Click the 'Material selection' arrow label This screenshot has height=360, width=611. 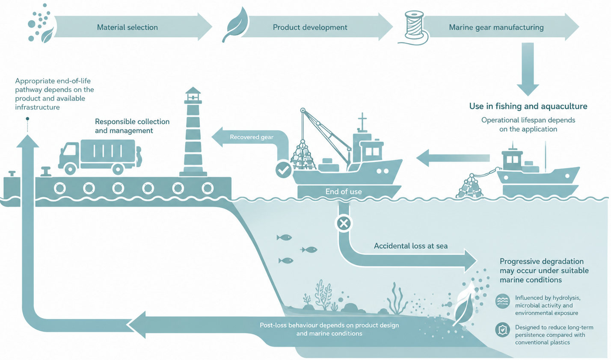(128, 27)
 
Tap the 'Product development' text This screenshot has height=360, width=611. (310, 27)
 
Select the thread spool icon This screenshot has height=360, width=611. (414, 27)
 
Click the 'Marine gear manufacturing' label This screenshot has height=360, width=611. (496, 27)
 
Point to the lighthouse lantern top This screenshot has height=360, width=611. (193, 94)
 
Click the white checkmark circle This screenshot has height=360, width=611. (284, 170)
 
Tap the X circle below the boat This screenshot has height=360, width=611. (344, 224)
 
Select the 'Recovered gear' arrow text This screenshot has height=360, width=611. (252, 137)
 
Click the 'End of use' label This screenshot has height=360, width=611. (344, 192)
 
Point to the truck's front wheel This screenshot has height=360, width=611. (70, 169)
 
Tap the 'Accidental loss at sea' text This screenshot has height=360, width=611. (410, 246)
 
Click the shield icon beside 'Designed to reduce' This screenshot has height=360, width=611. (502, 330)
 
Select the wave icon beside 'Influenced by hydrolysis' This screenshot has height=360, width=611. (502, 301)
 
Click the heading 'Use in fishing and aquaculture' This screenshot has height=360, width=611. (528, 106)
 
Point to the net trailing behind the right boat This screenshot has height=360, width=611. (469, 186)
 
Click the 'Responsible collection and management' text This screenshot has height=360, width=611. (132, 126)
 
